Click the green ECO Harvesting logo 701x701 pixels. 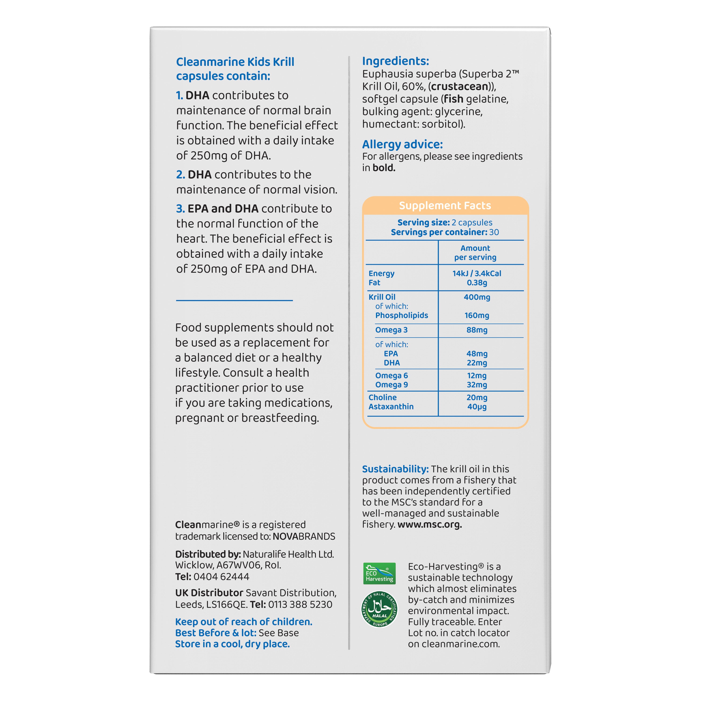click(x=379, y=573)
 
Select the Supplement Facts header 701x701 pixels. click(x=445, y=206)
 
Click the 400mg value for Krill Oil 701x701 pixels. click(x=477, y=297)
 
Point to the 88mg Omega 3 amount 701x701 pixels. click(x=477, y=330)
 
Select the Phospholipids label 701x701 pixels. click(x=401, y=315)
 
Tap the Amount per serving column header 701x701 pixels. click(x=475, y=253)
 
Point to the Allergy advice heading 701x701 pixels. click(x=402, y=144)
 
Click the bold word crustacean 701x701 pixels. click(x=460, y=86)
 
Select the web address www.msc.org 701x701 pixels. click(x=430, y=524)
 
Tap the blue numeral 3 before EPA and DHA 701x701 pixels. click(x=180, y=209)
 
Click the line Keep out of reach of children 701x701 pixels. click(x=243, y=622)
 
